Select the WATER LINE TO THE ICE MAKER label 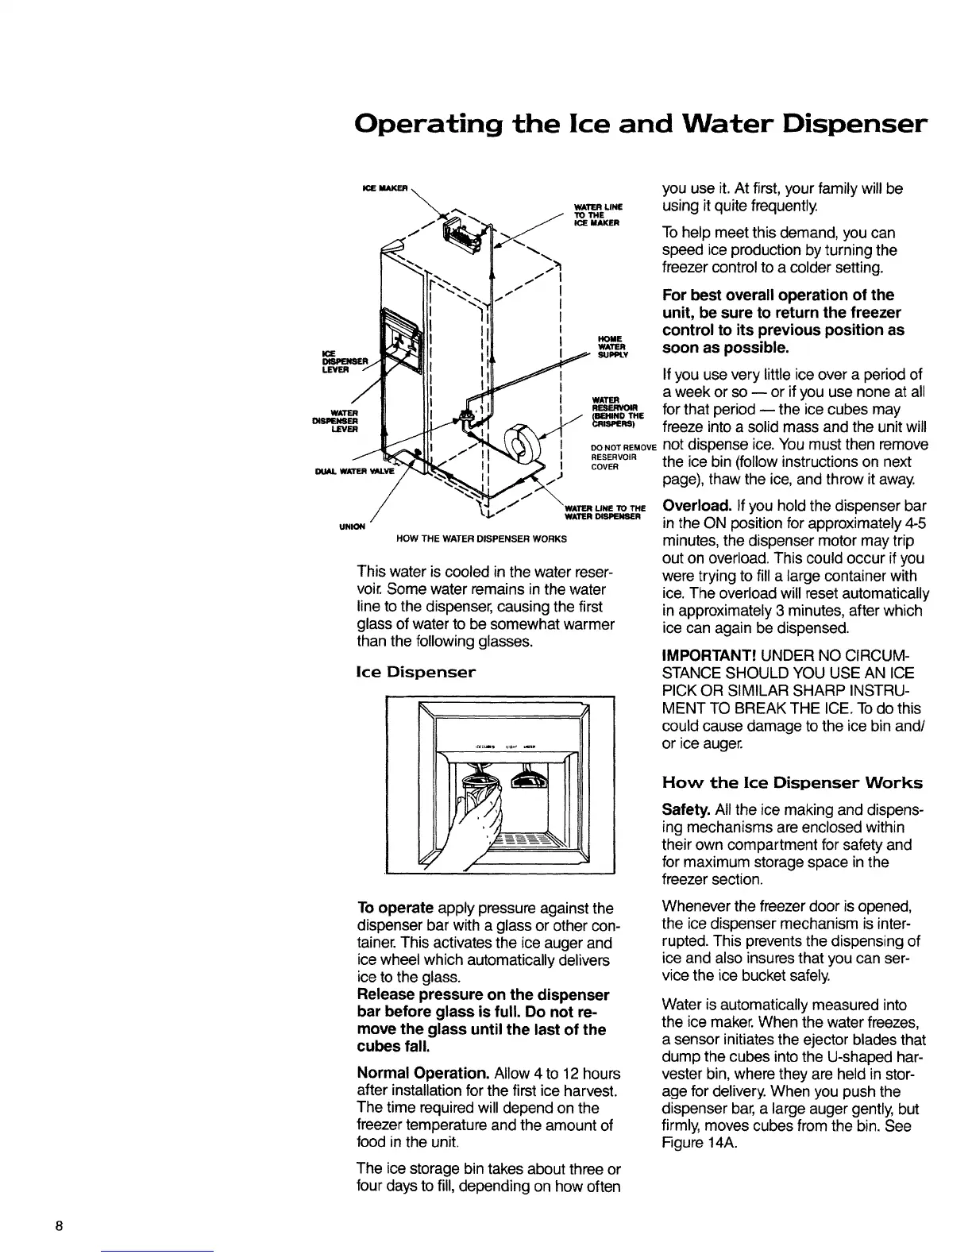point(602,214)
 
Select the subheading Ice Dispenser point(416,673)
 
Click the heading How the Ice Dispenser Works point(792,783)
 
